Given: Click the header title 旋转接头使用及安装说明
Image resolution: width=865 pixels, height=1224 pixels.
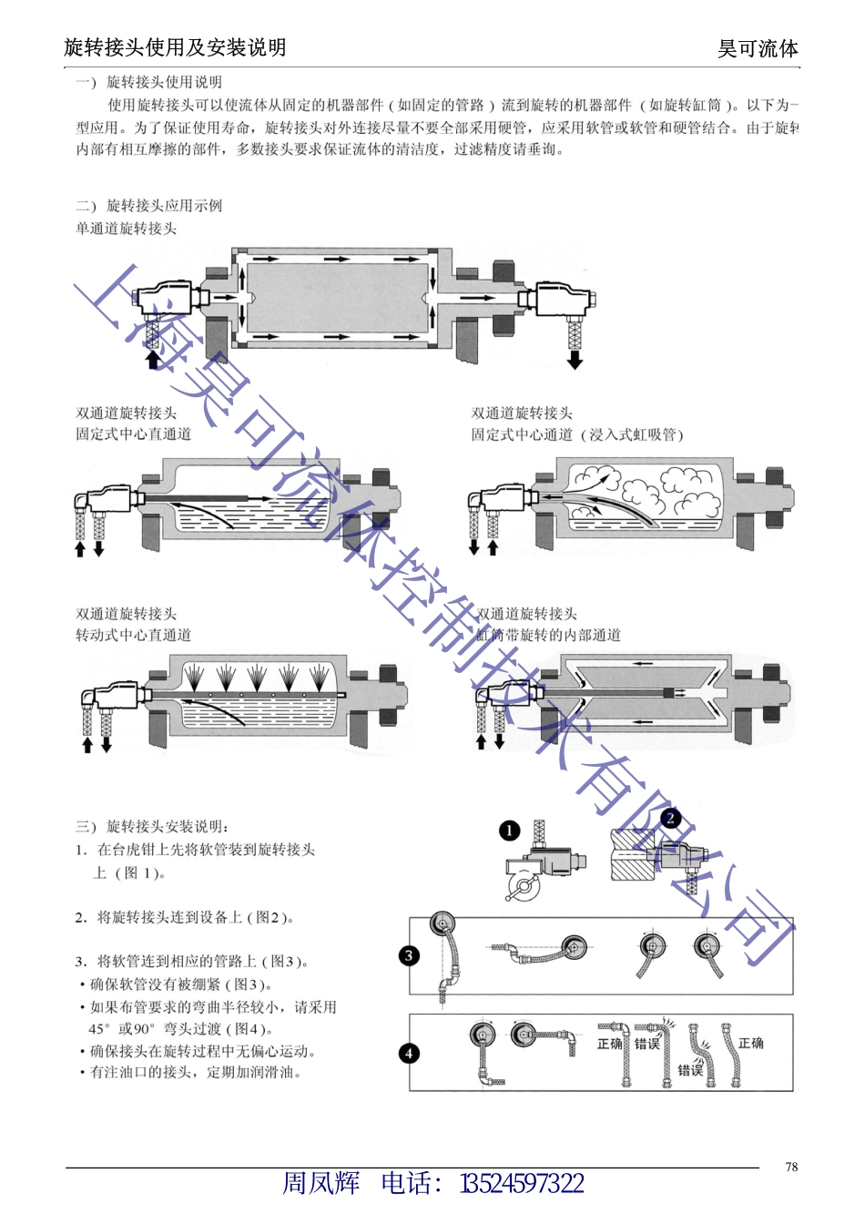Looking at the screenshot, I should pyautogui.click(x=175, y=47).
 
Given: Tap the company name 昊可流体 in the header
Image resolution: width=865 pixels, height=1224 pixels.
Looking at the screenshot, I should pyautogui.click(x=758, y=48).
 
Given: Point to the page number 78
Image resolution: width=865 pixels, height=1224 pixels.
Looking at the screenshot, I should pyautogui.click(x=791, y=1167).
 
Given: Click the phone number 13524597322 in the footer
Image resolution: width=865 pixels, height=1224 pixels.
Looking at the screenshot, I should pyautogui.click(x=522, y=1183).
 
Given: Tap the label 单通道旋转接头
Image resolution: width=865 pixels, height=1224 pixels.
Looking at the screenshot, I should pyautogui.click(x=126, y=229).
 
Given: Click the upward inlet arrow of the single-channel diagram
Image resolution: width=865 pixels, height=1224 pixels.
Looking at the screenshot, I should pyautogui.click(x=153, y=359).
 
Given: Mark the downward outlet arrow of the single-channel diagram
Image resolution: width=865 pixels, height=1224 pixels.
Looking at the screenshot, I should pyautogui.click(x=575, y=360).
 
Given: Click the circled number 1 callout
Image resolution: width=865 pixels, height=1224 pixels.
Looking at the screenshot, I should pyautogui.click(x=509, y=831).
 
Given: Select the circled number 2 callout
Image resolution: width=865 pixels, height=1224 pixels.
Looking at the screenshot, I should pyautogui.click(x=671, y=818).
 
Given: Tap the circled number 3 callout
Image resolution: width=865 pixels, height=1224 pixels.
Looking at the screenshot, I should pyautogui.click(x=410, y=955).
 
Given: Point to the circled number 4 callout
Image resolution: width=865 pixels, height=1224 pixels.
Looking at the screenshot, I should pyautogui.click(x=410, y=1053).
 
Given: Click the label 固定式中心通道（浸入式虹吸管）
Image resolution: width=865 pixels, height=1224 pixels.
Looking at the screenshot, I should pyautogui.click(x=576, y=434).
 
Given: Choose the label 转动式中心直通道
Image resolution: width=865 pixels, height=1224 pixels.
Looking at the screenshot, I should pyautogui.click(x=133, y=635).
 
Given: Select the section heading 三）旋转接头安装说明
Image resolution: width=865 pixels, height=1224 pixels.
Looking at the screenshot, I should pyautogui.click(x=152, y=827).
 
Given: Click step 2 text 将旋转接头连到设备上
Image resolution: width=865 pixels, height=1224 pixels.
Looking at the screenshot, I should pyautogui.click(x=185, y=917).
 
